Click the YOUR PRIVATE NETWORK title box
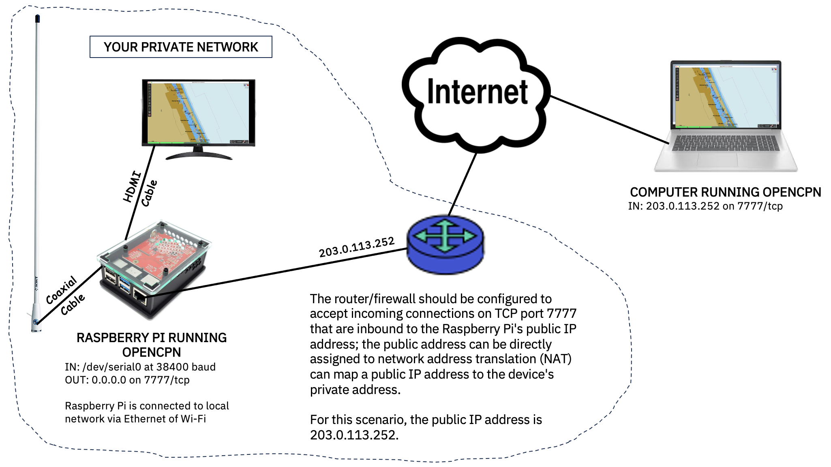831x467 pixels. (x=181, y=47)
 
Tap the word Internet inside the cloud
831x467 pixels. (x=477, y=92)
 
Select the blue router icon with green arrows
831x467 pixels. (x=445, y=244)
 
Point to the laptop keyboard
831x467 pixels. (x=725, y=143)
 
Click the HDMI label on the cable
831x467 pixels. (x=132, y=187)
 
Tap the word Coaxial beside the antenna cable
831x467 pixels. (x=61, y=290)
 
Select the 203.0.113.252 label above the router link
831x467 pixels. (x=356, y=247)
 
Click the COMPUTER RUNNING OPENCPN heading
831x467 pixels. (x=725, y=192)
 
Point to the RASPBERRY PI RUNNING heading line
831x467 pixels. (x=152, y=338)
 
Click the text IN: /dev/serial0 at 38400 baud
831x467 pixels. (x=140, y=367)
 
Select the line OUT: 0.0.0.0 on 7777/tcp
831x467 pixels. (x=127, y=380)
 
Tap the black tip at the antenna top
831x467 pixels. (x=37, y=19)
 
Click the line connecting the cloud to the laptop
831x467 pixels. (x=608, y=120)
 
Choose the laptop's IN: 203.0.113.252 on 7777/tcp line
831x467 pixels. (x=705, y=206)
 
